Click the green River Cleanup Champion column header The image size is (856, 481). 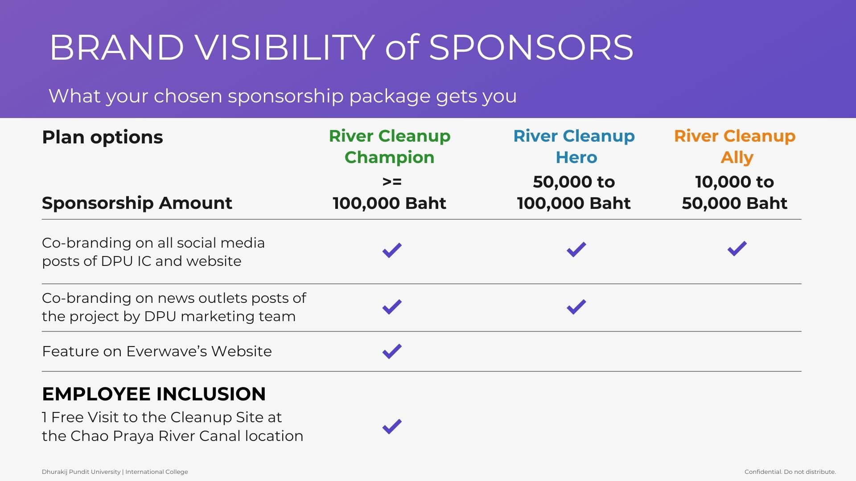[390, 147]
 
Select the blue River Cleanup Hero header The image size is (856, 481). [574, 147]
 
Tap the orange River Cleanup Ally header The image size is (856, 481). [735, 147]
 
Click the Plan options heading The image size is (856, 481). [103, 138]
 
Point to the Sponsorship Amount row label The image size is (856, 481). [137, 203]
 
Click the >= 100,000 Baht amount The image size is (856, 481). [390, 192]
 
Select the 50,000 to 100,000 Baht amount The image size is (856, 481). [574, 192]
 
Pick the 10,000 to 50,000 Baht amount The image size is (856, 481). [735, 192]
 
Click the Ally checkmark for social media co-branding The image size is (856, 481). [737, 249]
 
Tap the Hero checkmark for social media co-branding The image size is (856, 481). [576, 249]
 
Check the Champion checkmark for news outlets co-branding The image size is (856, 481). [392, 306]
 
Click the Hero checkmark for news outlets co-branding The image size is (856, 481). [576, 306]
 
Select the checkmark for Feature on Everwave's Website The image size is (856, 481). [392, 351]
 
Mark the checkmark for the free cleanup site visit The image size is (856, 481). [392, 426]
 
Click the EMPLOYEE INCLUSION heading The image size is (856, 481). [154, 394]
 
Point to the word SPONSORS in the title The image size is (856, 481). [531, 47]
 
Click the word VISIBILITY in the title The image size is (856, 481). [285, 47]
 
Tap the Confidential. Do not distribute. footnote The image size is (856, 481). [790, 472]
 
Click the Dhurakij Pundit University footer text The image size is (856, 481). [115, 472]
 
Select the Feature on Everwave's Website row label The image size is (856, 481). [157, 351]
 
